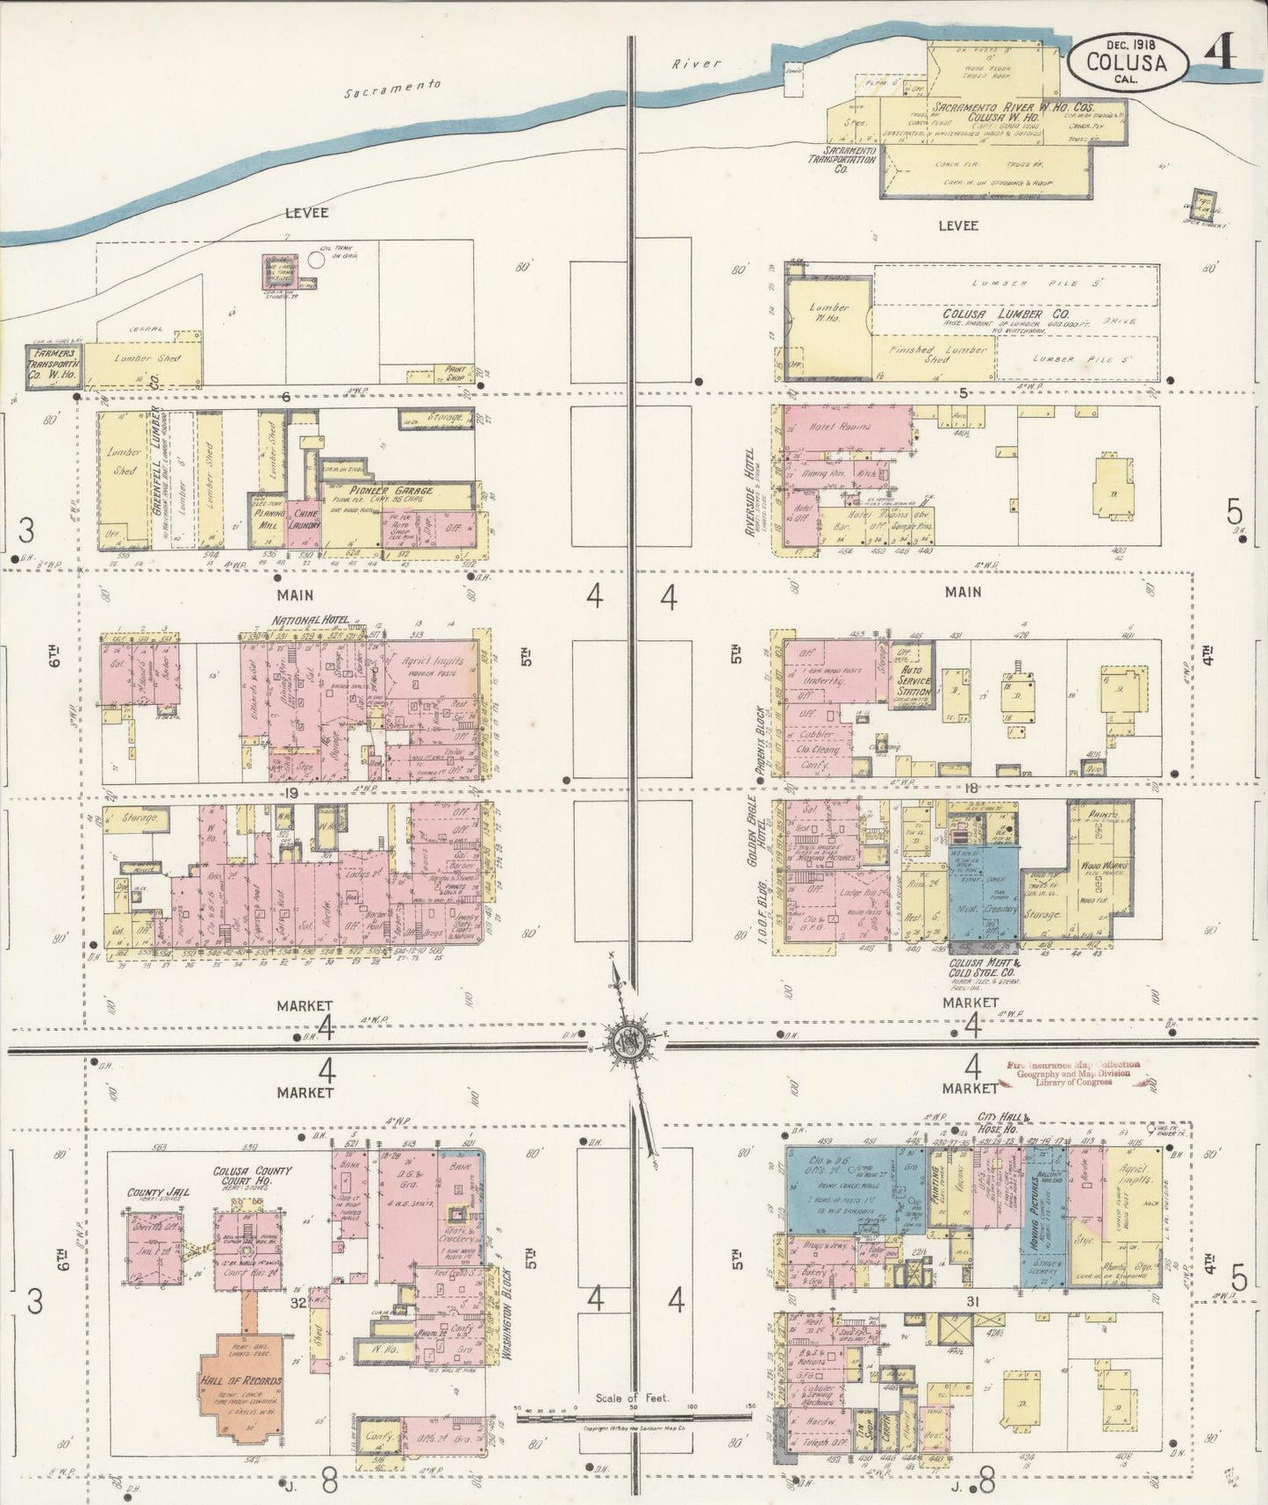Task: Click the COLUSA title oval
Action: tap(1128, 61)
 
